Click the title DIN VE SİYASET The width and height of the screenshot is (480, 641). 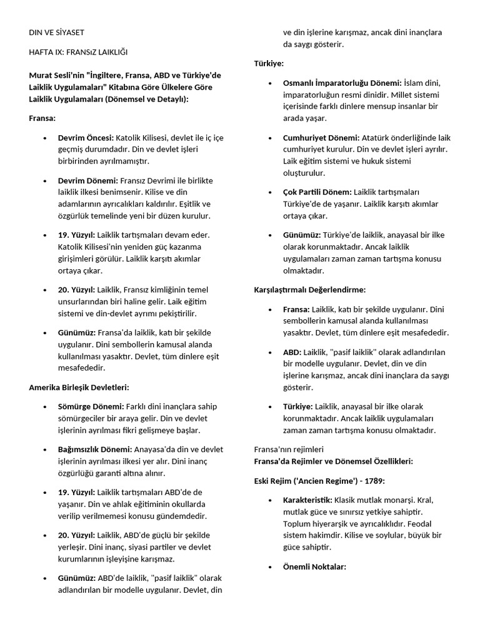(57, 32)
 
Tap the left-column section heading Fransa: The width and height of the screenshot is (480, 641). (42, 118)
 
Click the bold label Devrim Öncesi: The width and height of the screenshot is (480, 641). (86, 137)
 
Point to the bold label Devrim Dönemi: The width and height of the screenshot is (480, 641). (87, 180)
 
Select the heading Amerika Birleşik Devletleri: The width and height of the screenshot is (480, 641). (79, 387)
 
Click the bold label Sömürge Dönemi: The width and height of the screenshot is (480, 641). (91, 406)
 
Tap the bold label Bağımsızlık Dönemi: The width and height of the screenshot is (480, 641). (95, 449)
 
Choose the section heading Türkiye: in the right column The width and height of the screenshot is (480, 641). (269, 64)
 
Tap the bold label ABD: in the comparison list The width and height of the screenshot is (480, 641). (292, 352)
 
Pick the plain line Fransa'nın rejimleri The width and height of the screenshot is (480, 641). (289, 449)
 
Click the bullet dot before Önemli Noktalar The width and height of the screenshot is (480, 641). (269, 567)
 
